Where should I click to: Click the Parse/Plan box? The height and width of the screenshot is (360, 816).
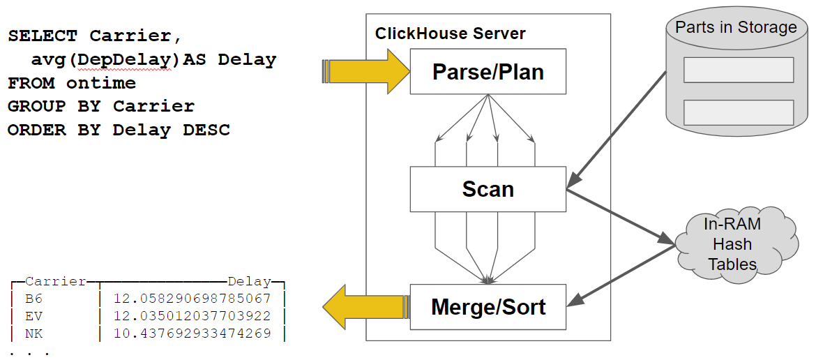coord(488,72)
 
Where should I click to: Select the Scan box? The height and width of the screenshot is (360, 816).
coord(488,189)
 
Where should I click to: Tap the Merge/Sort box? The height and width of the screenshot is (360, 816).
coord(488,307)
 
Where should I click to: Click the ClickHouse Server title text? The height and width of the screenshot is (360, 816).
coord(450,33)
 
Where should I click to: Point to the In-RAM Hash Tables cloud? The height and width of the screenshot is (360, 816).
coord(732,244)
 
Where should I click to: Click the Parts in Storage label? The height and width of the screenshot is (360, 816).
coord(736,27)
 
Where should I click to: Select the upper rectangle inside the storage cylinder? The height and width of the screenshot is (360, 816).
coord(738,70)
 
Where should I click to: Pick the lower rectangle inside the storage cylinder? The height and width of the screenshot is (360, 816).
coord(738,112)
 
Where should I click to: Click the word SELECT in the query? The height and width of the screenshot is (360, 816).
coord(43,36)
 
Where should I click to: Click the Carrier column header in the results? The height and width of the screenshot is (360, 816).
coord(56,282)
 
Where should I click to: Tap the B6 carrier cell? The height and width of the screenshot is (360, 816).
coord(33,299)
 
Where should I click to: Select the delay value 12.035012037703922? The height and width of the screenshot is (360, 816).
coord(192,316)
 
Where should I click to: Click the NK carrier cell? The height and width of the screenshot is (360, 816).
coord(33,333)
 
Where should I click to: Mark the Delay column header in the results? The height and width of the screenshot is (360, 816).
coord(249,282)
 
